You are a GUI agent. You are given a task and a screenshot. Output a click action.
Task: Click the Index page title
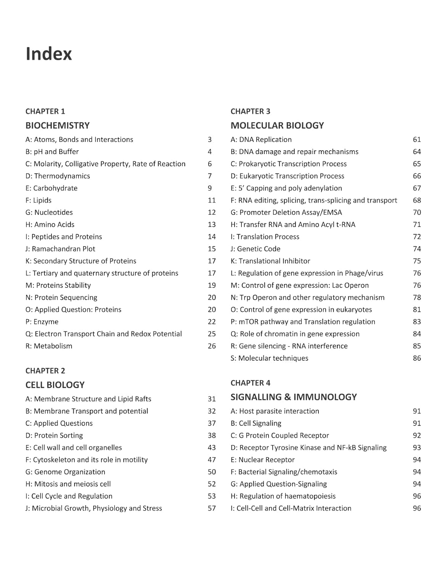pyautogui.click(x=48, y=54)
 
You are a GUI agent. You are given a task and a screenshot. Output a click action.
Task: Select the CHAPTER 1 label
pyautogui.click(x=45, y=111)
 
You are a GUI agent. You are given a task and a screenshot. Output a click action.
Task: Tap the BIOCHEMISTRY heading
pyautogui.click(x=58, y=125)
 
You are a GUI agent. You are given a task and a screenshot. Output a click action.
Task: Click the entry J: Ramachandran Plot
pyautogui.click(x=60, y=249)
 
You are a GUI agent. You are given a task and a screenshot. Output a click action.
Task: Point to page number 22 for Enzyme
pyautogui.click(x=212, y=322)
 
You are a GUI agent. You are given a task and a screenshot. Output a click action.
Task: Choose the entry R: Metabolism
pyautogui.click(x=49, y=346)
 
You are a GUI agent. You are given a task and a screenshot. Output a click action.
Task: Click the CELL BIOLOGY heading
pyautogui.click(x=55, y=385)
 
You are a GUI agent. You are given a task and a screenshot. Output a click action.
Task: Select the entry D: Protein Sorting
pyautogui.click(x=54, y=435)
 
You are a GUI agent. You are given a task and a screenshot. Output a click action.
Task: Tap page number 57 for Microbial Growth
pyautogui.click(x=212, y=508)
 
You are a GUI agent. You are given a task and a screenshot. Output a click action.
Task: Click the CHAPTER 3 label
pyautogui.click(x=250, y=111)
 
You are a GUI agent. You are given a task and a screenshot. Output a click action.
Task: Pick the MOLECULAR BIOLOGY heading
pyautogui.click(x=277, y=125)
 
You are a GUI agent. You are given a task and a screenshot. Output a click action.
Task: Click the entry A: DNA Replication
pyautogui.click(x=261, y=140)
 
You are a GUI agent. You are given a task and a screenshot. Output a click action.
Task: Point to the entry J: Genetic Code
pyautogui.click(x=256, y=249)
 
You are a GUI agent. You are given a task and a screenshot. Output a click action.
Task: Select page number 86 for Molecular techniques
pyautogui.click(x=417, y=358)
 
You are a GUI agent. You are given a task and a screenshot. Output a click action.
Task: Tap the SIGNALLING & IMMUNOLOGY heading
pyautogui.click(x=294, y=397)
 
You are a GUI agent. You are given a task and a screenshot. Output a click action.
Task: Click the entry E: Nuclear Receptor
pyautogui.click(x=263, y=460)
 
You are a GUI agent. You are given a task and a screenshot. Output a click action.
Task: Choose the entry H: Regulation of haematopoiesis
pyautogui.click(x=283, y=496)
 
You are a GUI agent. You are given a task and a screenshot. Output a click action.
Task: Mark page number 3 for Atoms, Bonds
pyautogui.click(x=210, y=140)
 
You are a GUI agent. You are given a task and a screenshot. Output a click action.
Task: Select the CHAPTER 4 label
pyautogui.click(x=250, y=383)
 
